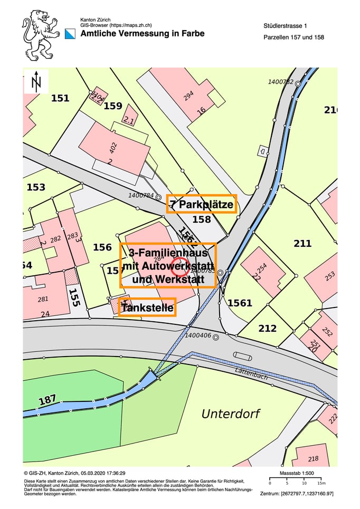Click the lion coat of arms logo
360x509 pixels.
(40, 35)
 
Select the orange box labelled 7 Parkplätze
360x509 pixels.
(202, 204)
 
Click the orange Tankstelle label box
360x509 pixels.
(147, 307)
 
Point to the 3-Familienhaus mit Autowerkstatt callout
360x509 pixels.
(168, 265)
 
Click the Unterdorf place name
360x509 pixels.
(231, 414)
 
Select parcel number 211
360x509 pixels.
(302, 243)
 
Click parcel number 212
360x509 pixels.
(268, 329)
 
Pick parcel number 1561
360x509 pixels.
(240, 303)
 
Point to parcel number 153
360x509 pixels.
(36, 187)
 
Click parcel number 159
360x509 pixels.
(113, 106)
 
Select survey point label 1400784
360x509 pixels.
(141, 195)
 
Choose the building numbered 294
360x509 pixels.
(188, 95)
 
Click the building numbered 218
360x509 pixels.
(313, 458)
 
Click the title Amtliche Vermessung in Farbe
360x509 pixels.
(142, 33)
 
